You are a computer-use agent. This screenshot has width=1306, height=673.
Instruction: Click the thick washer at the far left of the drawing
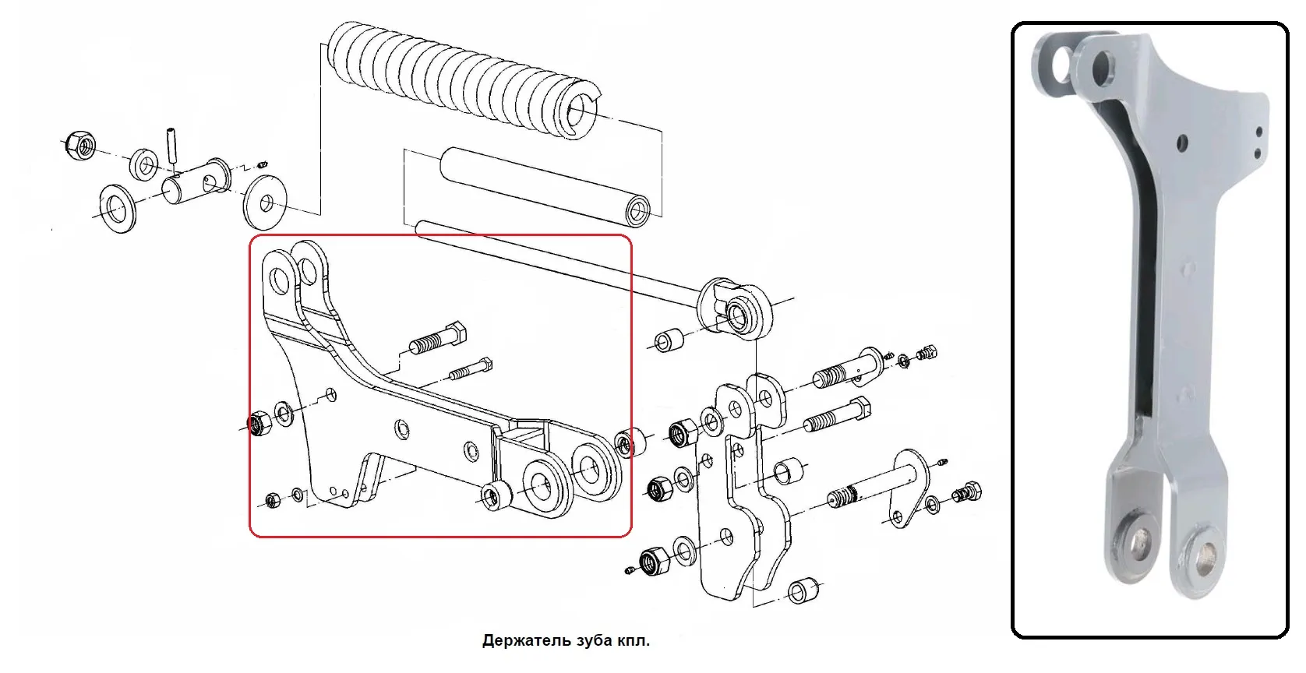point(116,209)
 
